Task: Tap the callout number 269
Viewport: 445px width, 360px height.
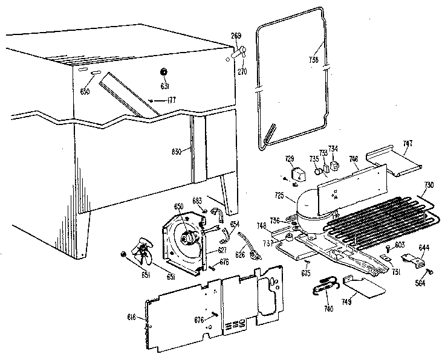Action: coord(236,35)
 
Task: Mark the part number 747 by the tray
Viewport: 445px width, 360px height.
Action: coord(408,143)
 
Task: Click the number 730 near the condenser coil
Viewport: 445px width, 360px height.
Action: coord(429,184)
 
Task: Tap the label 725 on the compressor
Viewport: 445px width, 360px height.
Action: coord(279,196)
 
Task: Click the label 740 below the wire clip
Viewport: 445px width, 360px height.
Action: coord(328,308)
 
